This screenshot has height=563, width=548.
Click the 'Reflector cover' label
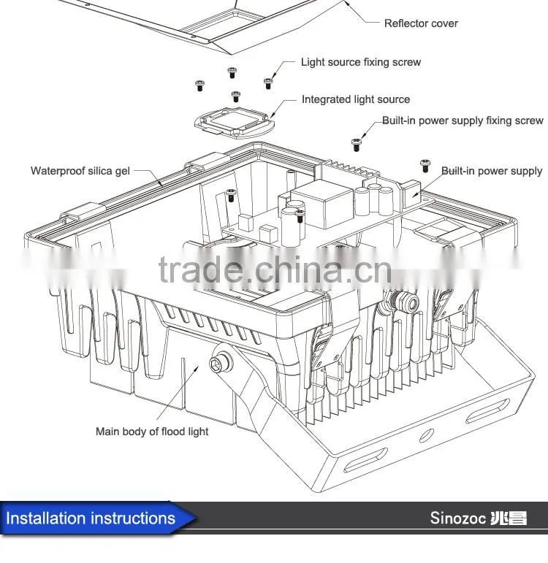(x=421, y=23)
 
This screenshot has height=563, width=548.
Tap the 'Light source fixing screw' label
(x=361, y=62)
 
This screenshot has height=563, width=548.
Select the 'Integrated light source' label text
(x=356, y=99)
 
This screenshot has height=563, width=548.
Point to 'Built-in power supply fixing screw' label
(x=463, y=120)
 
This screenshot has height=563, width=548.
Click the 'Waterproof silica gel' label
(x=80, y=171)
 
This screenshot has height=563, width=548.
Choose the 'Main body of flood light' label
(x=152, y=432)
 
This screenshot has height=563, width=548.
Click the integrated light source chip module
(x=235, y=123)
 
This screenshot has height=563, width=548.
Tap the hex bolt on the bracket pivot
(x=220, y=362)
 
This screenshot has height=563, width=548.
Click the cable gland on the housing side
(x=402, y=301)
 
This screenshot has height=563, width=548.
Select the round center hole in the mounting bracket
(x=427, y=435)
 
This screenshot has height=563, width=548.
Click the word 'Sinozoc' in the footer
(x=458, y=518)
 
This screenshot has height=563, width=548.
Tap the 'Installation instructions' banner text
(x=91, y=518)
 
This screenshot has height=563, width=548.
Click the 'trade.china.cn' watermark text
(x=275, y=270)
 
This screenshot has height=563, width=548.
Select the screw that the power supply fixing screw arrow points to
(x=356, y=145)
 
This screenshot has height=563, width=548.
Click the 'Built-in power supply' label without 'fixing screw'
(x=492, y=171)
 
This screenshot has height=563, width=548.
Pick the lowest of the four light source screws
(x=236, y=96)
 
